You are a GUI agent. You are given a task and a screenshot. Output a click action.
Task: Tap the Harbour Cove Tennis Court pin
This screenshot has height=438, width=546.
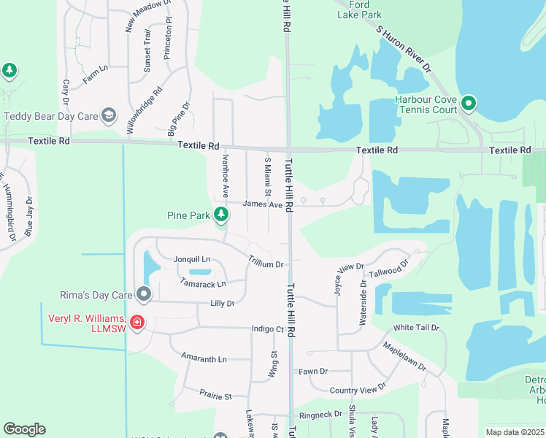(468, 104)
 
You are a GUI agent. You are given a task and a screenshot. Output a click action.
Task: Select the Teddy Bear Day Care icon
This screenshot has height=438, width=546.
(109, 115)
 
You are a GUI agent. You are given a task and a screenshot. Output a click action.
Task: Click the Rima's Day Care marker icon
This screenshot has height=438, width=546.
(144, 295)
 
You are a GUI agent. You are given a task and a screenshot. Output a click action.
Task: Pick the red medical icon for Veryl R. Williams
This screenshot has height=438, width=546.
(136, 323)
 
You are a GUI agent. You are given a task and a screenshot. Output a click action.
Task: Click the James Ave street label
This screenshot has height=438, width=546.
(263, 205)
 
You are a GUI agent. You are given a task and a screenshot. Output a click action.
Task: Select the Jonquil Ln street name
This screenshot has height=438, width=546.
(192, 259)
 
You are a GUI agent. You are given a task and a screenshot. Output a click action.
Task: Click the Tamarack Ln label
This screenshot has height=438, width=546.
(202, 283)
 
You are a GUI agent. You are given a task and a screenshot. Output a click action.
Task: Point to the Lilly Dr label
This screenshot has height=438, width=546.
(223, 303)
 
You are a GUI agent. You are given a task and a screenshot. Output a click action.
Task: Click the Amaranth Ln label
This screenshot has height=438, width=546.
(204, 359)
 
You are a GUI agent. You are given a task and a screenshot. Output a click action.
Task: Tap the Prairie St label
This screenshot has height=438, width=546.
(215, 396)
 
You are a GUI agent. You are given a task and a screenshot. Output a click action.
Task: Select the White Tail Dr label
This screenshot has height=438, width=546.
(416, 328)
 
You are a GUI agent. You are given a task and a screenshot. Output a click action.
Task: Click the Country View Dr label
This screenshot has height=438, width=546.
(358, 391)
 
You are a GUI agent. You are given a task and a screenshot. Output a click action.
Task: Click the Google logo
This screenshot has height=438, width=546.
(24, 429)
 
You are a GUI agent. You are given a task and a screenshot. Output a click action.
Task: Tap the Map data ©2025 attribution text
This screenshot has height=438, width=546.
(514, 432)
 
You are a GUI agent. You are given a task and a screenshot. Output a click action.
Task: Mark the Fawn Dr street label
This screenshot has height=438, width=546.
(313, 372)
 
